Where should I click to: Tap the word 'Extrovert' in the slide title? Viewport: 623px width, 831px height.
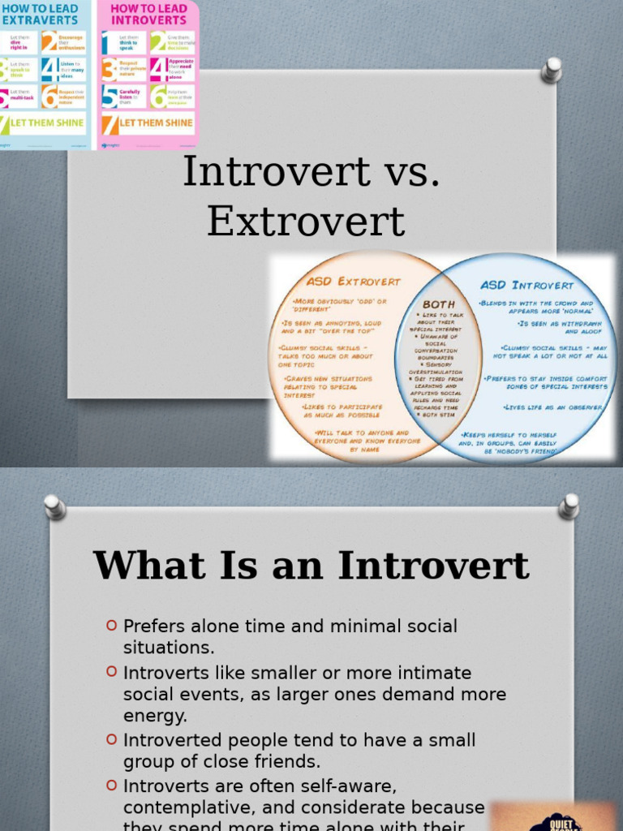pos(306,221)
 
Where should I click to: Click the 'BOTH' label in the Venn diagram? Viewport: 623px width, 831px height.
pos(439,304)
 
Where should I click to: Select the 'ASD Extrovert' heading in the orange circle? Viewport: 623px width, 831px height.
pos(353,282)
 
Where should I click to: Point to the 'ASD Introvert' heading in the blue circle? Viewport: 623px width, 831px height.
pos(526,286)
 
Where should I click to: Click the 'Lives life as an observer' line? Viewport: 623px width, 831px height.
pos(553,407)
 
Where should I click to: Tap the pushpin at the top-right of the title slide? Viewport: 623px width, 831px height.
pos(552,70)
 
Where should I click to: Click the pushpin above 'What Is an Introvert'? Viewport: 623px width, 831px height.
pos(54,506)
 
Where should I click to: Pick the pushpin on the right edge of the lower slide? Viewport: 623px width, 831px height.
pos(569,506)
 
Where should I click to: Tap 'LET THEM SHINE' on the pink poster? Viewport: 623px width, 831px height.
pos(156,123)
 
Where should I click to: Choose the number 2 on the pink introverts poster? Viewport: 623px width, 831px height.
pos(157,41)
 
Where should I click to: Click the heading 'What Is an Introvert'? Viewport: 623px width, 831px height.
pos(311,566)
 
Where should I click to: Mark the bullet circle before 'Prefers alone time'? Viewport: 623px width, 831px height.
pos(112,625)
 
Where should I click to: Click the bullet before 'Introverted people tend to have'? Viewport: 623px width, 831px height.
pos(112,738)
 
